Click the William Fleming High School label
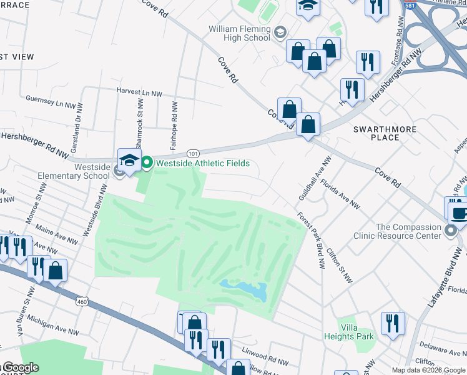240,33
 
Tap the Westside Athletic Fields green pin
147,164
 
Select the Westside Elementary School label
92,172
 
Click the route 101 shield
193,152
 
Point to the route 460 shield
82,302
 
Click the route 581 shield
410,6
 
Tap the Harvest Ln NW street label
139,92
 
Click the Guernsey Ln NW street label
54,99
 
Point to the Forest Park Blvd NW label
312,241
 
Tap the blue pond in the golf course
245,290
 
